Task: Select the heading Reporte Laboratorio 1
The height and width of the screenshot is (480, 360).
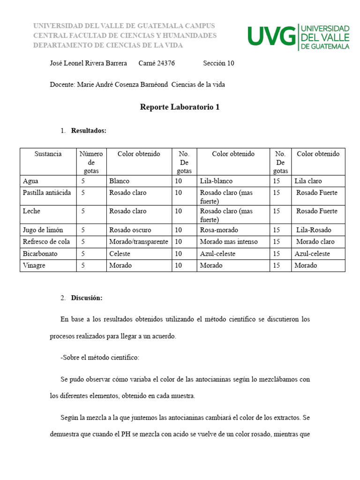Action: pos(180,107)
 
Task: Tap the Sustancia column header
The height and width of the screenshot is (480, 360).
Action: pos(48,154)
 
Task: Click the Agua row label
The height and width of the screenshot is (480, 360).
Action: pos(31,181)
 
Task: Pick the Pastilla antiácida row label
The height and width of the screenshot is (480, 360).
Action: pos(47,193)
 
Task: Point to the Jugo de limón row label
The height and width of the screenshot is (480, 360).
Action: pos(43,230)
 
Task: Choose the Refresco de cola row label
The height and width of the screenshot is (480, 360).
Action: pos(46,242)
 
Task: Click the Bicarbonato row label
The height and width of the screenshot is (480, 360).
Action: pos(39,254)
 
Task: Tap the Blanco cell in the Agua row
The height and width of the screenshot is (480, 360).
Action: pos(120,181)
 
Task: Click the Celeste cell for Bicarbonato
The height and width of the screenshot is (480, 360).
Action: pos(120,254)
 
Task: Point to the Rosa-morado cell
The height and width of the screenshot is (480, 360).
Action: pos(219,230)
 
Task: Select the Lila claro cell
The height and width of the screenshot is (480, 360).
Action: pos(308,181)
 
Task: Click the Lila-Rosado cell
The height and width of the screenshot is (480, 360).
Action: pos(314,230)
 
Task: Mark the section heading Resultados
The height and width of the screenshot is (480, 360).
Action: pos(89,131)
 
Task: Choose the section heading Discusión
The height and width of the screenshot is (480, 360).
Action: pos(87,298)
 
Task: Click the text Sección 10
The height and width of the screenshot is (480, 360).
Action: pos(218,63)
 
